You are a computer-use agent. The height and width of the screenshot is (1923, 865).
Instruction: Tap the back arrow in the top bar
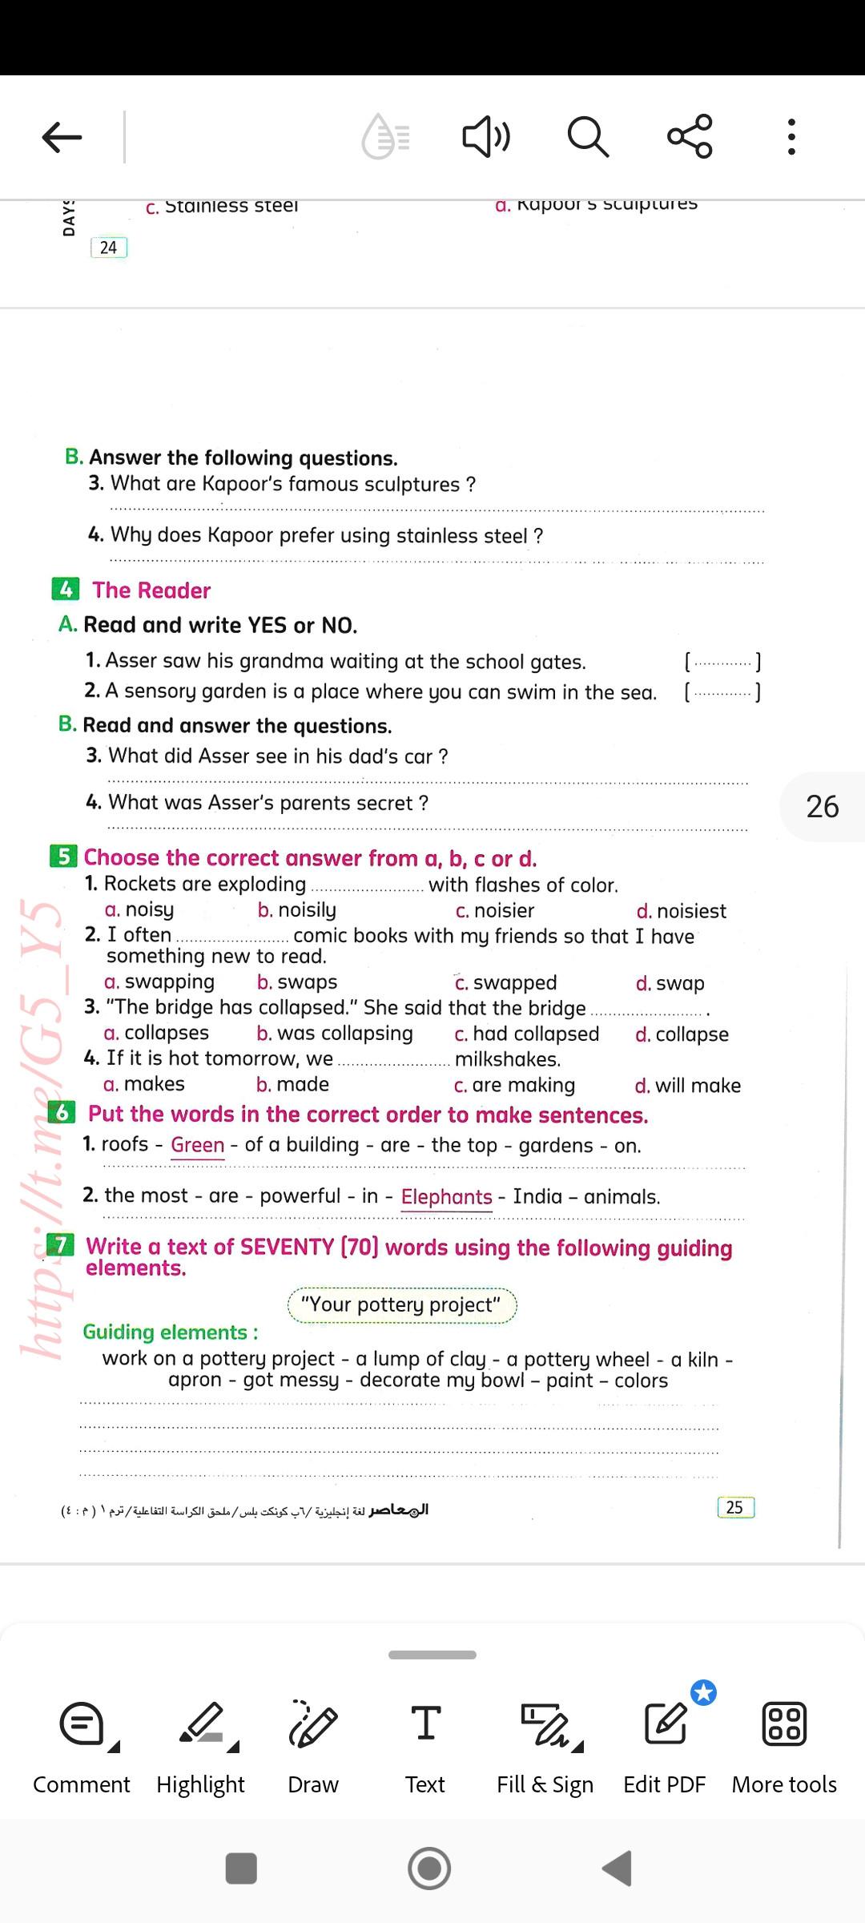tap(62, 137)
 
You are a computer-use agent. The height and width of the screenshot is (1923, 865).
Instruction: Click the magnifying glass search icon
tap(588, 136)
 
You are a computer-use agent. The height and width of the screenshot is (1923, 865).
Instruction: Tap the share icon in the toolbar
tap(690, 136)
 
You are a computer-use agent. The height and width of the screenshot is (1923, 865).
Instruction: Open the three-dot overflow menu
tap(791, 137)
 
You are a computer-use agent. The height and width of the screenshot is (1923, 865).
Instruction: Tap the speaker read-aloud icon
tap(485, 136)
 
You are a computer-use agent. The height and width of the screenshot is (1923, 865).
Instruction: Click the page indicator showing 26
tap(823, 807)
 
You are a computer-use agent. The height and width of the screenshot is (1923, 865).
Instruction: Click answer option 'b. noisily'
tap(297, 910)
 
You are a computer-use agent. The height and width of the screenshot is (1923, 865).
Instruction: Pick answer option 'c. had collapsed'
tap(527, 1034)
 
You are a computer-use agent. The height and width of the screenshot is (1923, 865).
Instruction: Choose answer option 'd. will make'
tap(688, 1086)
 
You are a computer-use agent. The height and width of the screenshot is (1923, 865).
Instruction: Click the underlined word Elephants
tap(446, 1197)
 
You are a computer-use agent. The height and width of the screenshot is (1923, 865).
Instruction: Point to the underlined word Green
tap(197, 1146)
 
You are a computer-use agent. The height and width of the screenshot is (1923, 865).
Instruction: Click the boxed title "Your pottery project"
tap(402, 1305)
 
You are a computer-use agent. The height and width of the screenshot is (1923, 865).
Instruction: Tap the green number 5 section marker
tap(63, 857)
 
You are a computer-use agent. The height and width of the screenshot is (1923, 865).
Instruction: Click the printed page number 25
tap(734, 1507)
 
